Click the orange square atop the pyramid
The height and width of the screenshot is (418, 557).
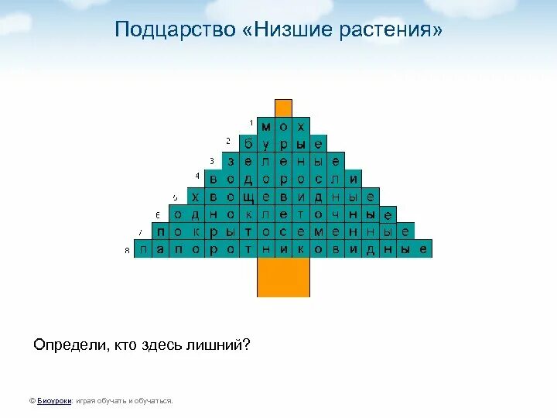284,108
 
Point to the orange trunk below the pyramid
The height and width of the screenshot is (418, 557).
283,277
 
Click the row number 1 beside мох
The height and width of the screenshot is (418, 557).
251,123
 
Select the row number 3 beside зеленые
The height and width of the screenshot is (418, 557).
212,161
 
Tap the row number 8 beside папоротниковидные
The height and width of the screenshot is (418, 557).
127,251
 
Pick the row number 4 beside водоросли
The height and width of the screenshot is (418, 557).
197,176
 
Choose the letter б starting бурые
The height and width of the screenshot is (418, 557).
248,144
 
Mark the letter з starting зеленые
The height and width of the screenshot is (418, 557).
231,162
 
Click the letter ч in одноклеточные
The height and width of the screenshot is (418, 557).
336,214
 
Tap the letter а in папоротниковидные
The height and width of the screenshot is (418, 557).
160,249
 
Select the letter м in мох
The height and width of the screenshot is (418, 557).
265,125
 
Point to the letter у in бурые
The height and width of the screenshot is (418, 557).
265,144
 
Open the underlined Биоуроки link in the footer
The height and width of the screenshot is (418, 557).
53,401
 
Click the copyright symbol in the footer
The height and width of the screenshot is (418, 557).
32,401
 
